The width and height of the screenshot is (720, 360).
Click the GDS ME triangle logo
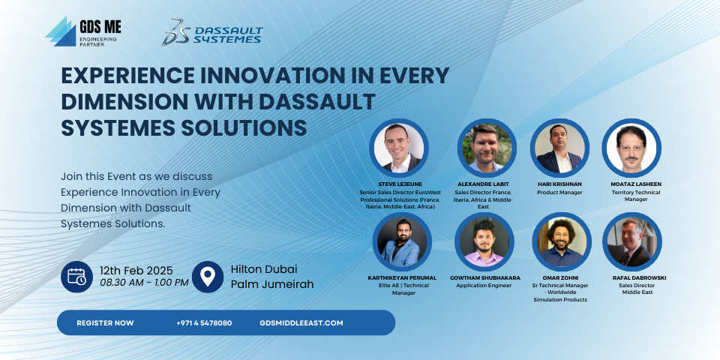coord(61,31)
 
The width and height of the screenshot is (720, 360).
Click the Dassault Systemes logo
coord(211,32)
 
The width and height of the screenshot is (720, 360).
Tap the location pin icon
coord(208,277)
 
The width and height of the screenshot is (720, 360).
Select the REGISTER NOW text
coord(105,322)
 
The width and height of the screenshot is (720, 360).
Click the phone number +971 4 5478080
coord(204,322)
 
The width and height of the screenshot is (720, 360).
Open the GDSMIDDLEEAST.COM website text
coord(301,322)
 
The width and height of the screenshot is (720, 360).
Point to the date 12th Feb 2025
coord(136,271)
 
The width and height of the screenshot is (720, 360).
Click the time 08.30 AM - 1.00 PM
coord(144,283)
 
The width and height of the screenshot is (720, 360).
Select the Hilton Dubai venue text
coord(264,269)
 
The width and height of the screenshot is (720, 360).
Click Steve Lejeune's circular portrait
coord(398,148)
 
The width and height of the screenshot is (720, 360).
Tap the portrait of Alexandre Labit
coord(487,148)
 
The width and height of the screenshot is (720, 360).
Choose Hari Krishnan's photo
coord(559,148)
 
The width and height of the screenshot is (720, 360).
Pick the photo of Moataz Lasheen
coord(631,148)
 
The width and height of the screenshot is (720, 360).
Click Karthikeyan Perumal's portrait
coord(402,241)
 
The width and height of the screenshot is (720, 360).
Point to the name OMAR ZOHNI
coord(559,277)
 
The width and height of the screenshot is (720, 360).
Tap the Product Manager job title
coord(559,193)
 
